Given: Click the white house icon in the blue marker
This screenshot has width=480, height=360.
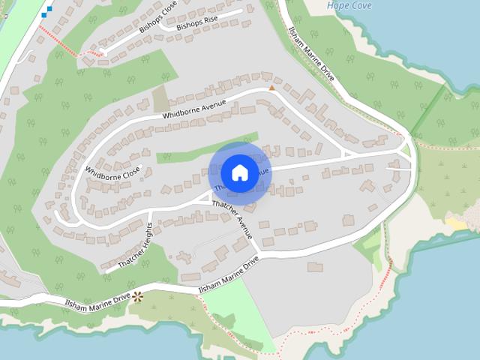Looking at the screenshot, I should pos(239,172).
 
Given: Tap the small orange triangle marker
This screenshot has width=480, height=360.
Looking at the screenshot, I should pos(272,88).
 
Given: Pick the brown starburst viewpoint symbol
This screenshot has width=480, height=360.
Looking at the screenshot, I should pos(137,296).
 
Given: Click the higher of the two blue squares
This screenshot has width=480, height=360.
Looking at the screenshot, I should pos(49,9).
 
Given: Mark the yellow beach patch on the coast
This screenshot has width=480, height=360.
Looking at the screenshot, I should pos(456,223).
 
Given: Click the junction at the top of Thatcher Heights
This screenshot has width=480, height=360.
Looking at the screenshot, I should pos(151,211).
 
